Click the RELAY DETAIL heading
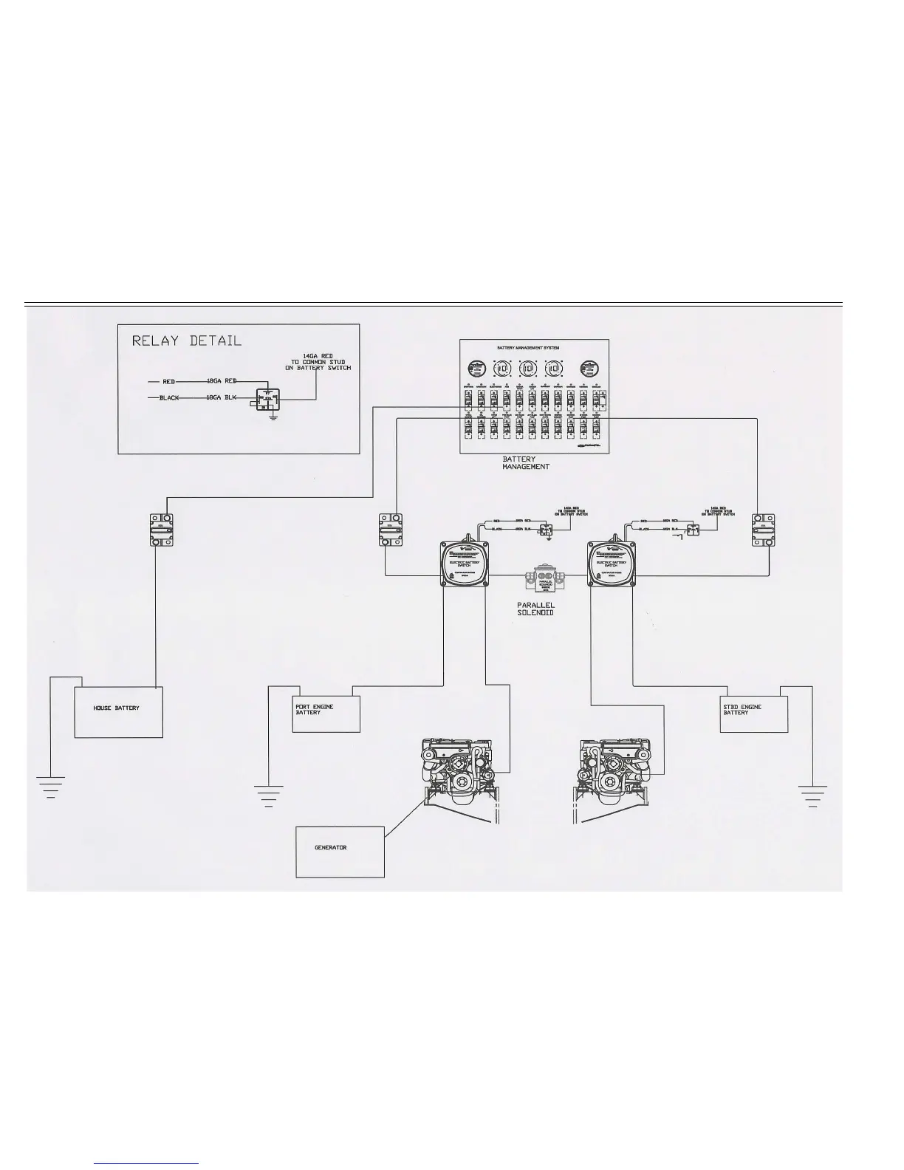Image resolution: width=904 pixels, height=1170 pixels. coord(187,341)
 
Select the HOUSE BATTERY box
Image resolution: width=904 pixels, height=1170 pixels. coord(118,711)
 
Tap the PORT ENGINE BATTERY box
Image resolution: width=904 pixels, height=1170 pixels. coord(326,713)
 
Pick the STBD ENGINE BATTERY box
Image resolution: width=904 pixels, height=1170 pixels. coord(753,713)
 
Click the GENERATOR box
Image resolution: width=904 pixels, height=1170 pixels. coord(340,851)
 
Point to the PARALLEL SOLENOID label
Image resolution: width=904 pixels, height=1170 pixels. coord(536,609)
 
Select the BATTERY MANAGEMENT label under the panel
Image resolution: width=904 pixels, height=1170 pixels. coord(526,463)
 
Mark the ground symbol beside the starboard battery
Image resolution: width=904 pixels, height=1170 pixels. coord(812,795)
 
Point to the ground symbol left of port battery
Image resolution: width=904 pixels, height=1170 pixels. coord(268,795)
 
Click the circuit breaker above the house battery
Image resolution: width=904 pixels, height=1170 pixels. coord(161,530)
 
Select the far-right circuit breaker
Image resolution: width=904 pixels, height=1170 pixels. coord(764,530)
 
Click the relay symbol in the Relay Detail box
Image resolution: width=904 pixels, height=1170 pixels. coord(267,400)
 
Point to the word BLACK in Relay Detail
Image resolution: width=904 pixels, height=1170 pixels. coord(169,398)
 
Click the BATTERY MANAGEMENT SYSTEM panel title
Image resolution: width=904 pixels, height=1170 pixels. coord(533,347)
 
